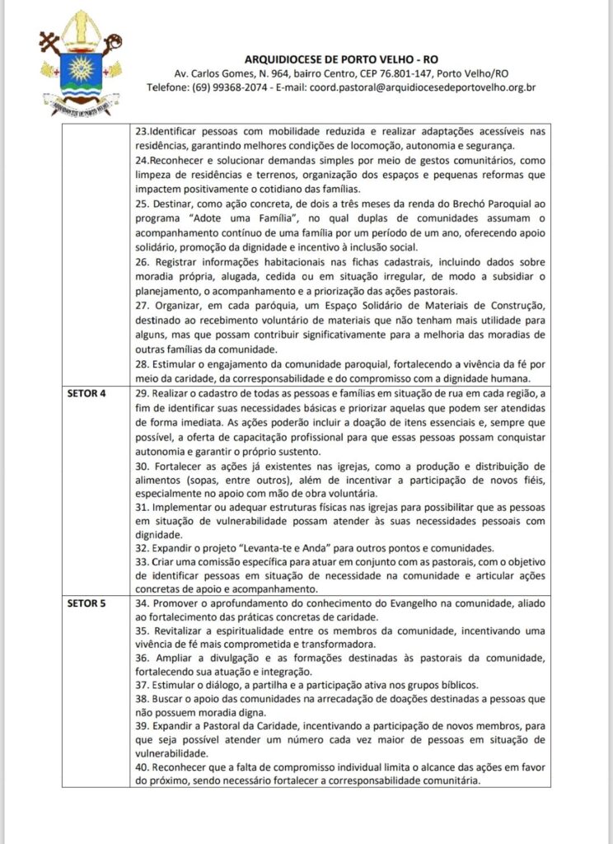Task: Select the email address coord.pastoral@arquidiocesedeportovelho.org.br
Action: [x=423, y=87]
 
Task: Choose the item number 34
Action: [x=144, y=604]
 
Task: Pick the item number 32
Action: [x=144, y=548]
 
